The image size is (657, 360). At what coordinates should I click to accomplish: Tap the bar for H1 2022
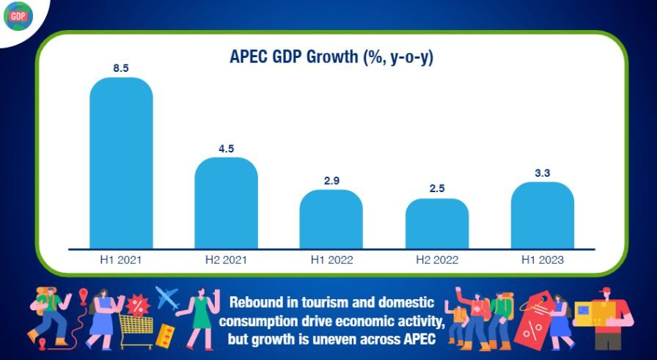coord(331,219)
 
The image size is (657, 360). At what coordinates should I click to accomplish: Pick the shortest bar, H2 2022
coord(437,224)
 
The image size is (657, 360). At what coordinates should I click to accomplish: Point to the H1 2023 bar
coord(543,216)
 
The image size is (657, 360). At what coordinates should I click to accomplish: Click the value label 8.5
coord(121,68)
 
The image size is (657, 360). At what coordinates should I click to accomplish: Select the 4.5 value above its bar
coord(226,149)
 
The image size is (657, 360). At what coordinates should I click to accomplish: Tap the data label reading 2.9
coord(331,181)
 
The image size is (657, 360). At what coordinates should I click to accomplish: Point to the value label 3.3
coord(543,173)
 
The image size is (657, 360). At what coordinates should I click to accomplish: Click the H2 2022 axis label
coord(437,260)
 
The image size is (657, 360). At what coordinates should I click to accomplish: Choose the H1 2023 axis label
coord(543,260)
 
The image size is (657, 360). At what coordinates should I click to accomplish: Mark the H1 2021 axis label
coord(121,260)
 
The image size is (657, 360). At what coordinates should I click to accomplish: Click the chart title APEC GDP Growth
coord(331,56)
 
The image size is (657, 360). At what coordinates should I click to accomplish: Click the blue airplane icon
coord(168,298)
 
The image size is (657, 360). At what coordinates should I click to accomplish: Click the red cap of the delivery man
coord(603,291)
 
